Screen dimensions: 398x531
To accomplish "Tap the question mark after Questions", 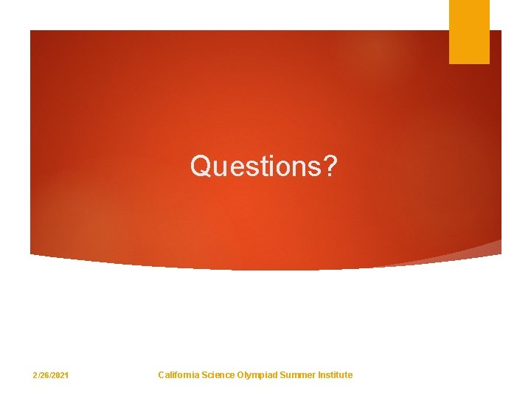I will point(329,167).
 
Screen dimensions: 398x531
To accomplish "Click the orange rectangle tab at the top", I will point(469,32).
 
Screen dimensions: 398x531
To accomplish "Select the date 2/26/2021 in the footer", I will point(51,375).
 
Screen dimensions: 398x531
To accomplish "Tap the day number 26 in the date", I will point(44,375).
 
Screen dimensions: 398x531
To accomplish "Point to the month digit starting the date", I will point(35,375).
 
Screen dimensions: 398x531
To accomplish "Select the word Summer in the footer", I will point(296,374).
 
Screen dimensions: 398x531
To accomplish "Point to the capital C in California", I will point(162,374).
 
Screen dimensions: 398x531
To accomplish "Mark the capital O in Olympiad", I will point(240,374).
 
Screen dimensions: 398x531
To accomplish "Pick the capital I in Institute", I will point(319,374).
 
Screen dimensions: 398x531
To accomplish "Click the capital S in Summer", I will point(282,374).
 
